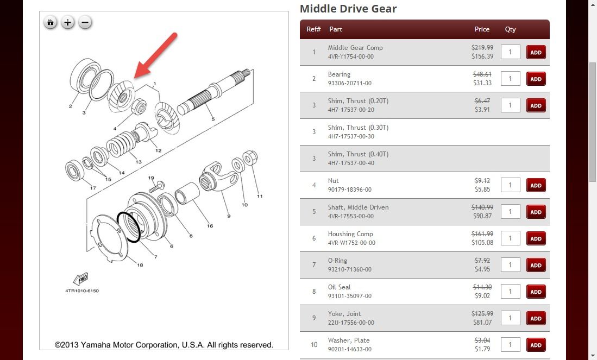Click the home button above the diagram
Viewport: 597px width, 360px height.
pos(51,22)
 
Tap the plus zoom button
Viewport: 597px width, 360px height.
pos(67,22)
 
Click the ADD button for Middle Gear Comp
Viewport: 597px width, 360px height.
pos(536,53)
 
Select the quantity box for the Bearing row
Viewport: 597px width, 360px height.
pos(510,79)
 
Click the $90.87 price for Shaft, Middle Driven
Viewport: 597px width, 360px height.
pos(482,216)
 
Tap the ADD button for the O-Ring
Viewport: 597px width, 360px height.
pos(536,265)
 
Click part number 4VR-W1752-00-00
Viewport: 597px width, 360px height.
pos(351,243)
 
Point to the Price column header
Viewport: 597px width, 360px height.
pos(482,29)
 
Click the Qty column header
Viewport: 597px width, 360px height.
pos(510,29)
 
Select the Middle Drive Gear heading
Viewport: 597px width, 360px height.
pos(348,9)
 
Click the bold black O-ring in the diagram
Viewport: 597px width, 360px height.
pos(129,227)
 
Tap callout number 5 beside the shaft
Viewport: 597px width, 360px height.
pos(213,119)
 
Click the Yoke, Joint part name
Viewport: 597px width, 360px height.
pos(344,313)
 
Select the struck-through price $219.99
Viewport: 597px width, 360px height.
pos(482,48)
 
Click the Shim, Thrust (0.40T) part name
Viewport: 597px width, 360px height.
pos(358,154)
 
